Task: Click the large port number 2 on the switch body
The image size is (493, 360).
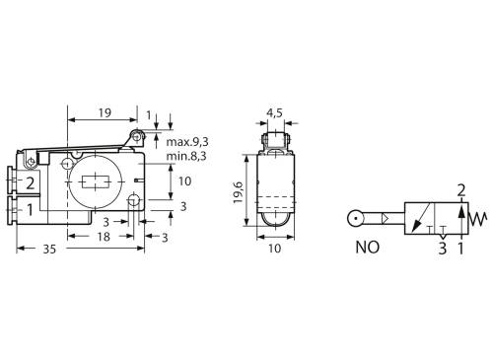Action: pyautogui.click(x=31, y=182)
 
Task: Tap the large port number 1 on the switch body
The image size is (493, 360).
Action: pyautogui.click(x=31, y=209)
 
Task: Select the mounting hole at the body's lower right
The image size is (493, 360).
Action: pyautogui.click(x=134, y=201)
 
